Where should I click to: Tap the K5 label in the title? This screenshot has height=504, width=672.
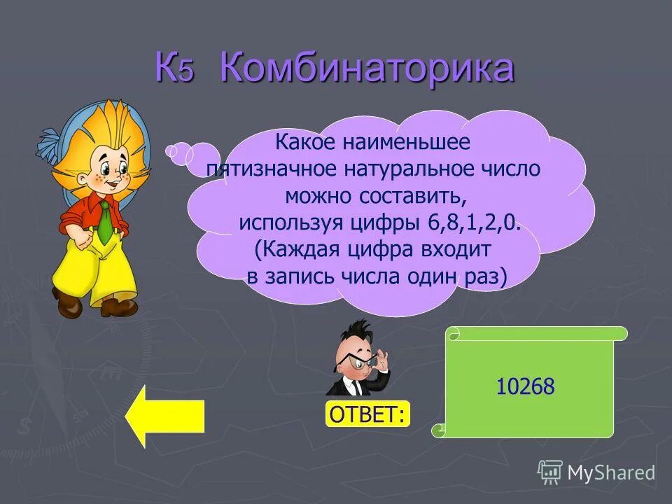click(174, 70)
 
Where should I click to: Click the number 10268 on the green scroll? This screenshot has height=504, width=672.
click(525, 386)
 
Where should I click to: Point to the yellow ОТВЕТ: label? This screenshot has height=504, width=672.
click(367, 414)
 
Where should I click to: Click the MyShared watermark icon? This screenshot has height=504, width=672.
click(550, 472)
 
